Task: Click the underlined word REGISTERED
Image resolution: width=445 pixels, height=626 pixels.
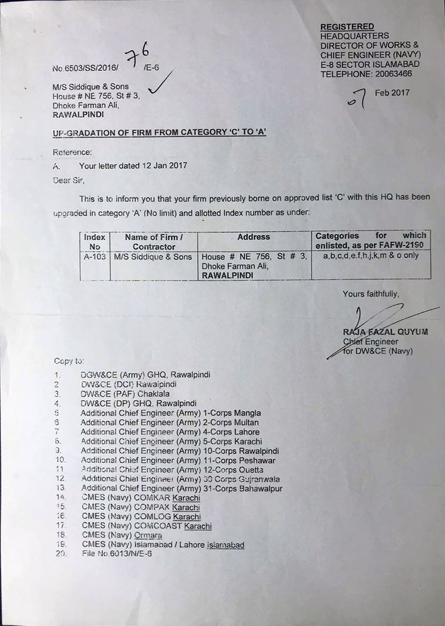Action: (x=347, y=26)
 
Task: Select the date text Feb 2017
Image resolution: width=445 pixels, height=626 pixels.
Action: (x=392, y=93)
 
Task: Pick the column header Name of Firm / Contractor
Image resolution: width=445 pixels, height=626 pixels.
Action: (x=154, y=242)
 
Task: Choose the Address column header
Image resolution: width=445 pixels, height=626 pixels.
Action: (x=254, y=237)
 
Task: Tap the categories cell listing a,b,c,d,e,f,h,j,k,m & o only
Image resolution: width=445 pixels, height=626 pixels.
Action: (x=371, y=255)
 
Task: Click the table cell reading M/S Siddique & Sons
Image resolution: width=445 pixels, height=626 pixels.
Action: (x=153, y=256)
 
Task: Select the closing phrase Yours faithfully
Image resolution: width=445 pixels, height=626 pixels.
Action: (x=371, y=294)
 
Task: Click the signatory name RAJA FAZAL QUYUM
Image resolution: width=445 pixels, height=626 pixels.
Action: (x=385, y=332)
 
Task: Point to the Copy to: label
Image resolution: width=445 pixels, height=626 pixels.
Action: (x=69, y=361)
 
